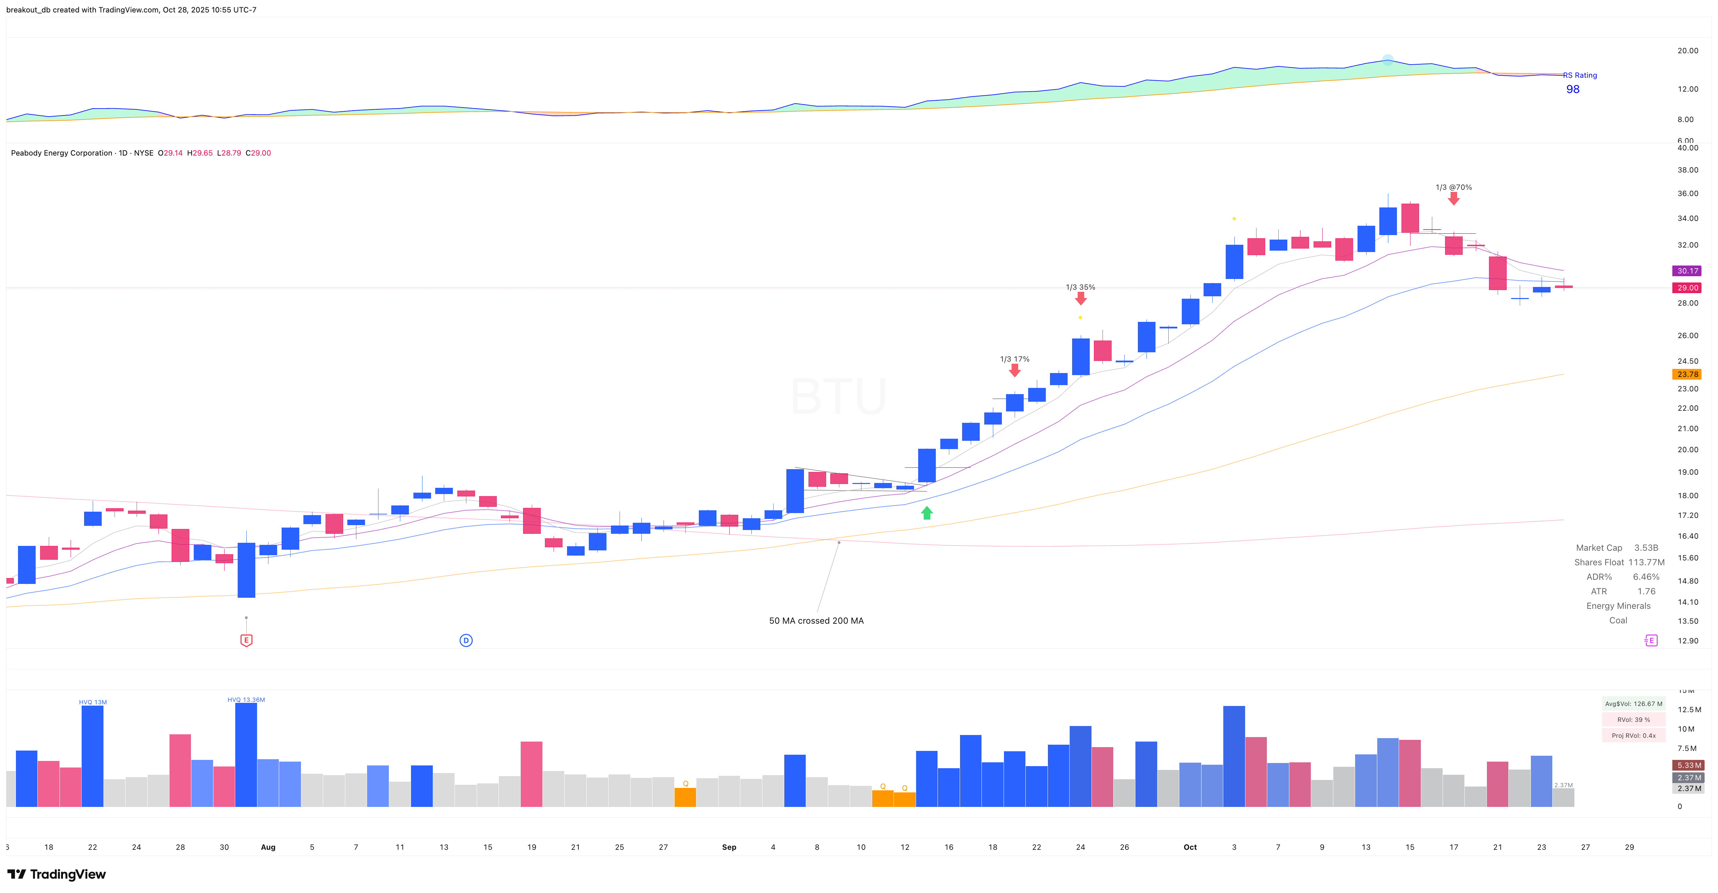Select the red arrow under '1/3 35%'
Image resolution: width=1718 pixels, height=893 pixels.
[x=1080, y=299]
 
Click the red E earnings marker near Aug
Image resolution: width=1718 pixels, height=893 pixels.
[x=246, y=640]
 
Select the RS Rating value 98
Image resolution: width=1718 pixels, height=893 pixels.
[x=1573, y=89]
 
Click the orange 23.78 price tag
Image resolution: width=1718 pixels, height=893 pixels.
[x=1687, y=374]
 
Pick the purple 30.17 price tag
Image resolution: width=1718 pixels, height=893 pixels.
[x=1687, y=271]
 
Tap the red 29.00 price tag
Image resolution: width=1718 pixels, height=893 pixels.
[x=1687, y=288]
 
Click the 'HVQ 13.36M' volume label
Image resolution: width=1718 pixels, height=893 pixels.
[x=246, y=700]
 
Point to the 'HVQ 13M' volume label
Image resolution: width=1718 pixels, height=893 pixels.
[x=93, y=702]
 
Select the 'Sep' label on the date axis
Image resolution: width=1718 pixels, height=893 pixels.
[x=729, y=847]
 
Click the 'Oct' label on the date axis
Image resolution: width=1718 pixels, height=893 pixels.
[x=1190, y=847]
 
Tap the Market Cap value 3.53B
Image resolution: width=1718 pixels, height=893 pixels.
[x=1646, y=548]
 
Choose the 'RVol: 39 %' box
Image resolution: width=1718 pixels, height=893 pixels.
[x=1633, y=720]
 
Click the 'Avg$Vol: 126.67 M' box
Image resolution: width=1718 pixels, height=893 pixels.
[x=1633, y=704]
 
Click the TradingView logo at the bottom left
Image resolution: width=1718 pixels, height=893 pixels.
[x=57, y=874]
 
